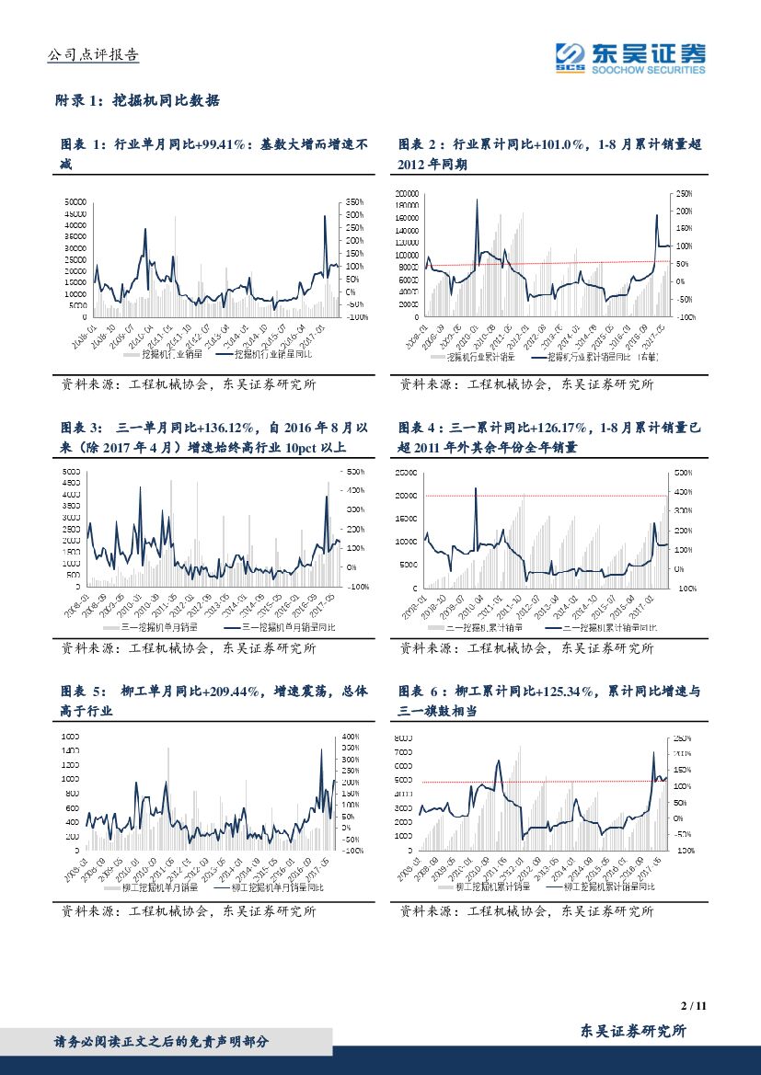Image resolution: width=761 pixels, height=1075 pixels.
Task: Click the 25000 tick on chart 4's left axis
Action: [407, 473]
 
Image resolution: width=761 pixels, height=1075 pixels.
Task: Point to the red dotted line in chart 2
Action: [552, 264]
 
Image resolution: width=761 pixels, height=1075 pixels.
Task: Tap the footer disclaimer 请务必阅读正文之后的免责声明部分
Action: [162, 1042]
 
